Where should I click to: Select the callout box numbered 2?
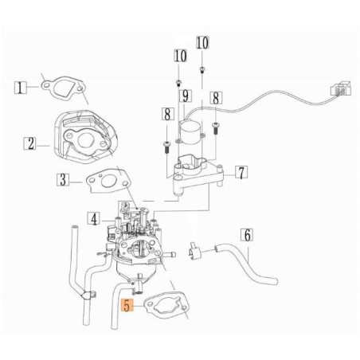tap(31, 144)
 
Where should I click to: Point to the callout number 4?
tap(94, 217)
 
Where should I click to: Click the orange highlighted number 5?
tap(124, 304)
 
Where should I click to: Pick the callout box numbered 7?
tap(241, 171)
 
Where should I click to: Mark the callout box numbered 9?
tap(184, 97)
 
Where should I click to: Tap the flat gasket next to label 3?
tap(103, 182)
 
